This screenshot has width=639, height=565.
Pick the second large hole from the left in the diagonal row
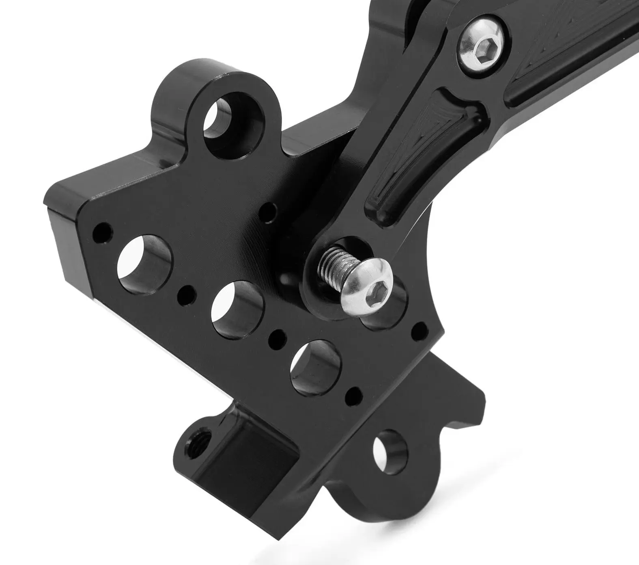coord(237,309)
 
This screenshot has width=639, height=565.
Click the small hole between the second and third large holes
coord(278,337)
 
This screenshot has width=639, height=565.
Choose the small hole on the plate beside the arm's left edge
coord(268,212)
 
